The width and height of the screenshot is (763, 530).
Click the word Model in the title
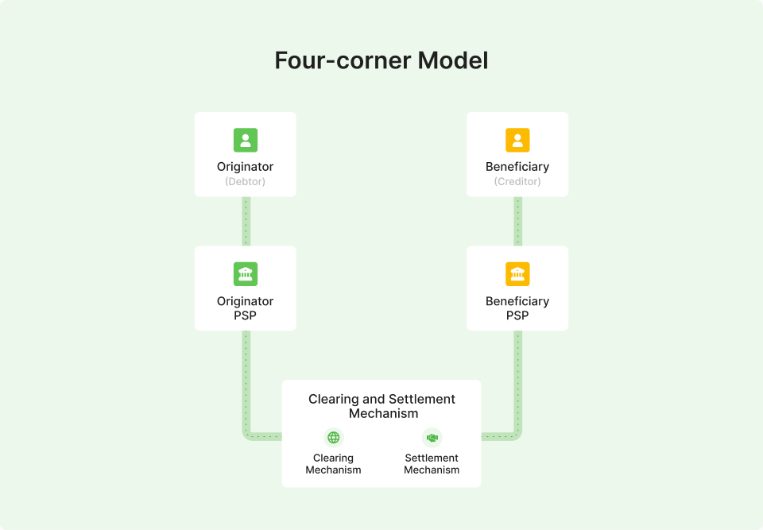click(x=452, y=61)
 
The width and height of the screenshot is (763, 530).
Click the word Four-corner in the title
click(x=343, y=61)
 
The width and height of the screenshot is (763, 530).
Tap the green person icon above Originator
click(x=246, y=140)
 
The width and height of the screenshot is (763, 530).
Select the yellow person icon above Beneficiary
click(x=517, y=140)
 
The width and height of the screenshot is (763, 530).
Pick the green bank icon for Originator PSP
click(x=246, y=274)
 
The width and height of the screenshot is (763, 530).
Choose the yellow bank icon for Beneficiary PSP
click(x=517, y=274)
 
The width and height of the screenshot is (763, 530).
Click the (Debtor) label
click(x=246, y=181)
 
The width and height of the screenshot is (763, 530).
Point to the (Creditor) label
click(x=517, y=181)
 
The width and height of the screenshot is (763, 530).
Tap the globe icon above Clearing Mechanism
click(x=333, y=438)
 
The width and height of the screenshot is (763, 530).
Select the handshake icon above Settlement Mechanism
click(x=432, y=438)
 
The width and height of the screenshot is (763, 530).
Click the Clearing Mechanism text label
click(x=333, y=464)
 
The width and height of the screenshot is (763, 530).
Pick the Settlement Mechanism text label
click(x=432, y=464)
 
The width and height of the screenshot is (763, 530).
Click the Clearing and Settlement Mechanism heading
click(x=382, y=406)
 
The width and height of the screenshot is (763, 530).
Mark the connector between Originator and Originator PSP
click(x=246, y=222)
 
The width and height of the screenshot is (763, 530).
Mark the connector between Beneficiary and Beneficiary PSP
click(x=517, y=222)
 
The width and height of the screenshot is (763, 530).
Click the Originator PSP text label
click(x=246, y=308)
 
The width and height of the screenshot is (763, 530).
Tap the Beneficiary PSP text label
click(x=517, y=308)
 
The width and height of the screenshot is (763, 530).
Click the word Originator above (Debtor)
click(x=246, y=167)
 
